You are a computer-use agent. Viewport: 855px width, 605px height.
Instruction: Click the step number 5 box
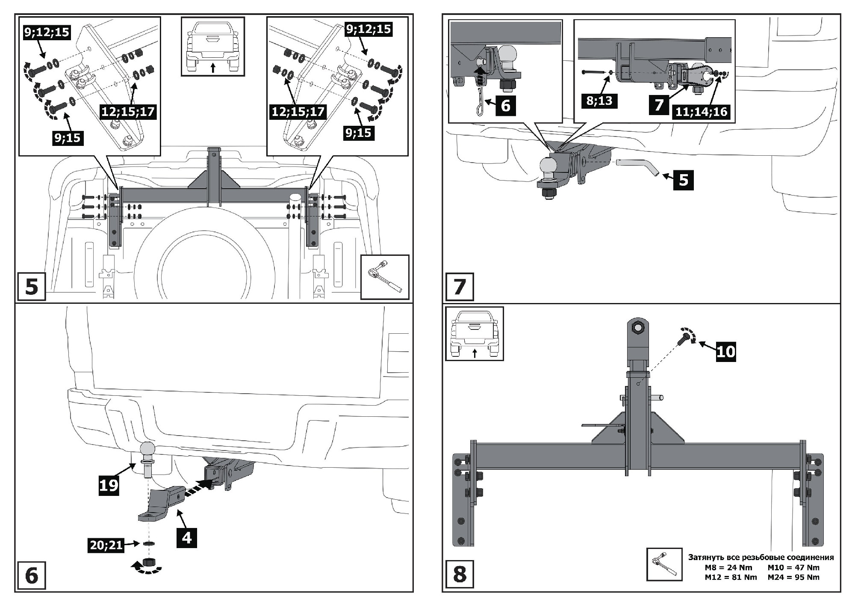point(32,286)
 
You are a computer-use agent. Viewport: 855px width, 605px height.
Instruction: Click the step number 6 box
point(32,575)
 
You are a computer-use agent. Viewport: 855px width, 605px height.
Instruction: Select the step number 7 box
point(460,286)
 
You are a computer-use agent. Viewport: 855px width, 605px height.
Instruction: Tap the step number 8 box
point(460,574)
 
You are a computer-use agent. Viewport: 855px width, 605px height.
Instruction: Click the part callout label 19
point(109,485)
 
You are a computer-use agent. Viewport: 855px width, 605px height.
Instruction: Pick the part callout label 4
point(187,537)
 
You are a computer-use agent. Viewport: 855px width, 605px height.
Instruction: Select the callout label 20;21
point(106,545)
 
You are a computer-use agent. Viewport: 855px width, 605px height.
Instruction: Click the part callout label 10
point(725,351)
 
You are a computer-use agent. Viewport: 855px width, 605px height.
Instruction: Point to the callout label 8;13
point(599,101)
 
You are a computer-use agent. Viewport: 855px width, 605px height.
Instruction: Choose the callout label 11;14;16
point(701,112)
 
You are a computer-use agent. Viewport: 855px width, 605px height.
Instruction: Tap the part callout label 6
point(505,105)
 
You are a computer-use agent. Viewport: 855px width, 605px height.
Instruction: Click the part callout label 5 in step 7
point(683,179)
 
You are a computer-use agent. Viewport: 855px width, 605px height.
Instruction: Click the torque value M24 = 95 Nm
point(793,577)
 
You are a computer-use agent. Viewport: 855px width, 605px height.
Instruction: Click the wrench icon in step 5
point(384,277)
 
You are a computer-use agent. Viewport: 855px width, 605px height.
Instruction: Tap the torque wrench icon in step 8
point(664,564)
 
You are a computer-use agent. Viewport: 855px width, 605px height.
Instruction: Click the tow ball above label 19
point(147,450)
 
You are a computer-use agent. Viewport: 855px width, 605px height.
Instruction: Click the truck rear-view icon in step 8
point(475,333)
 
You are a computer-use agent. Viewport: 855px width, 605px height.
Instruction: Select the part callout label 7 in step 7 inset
point(659,104)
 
